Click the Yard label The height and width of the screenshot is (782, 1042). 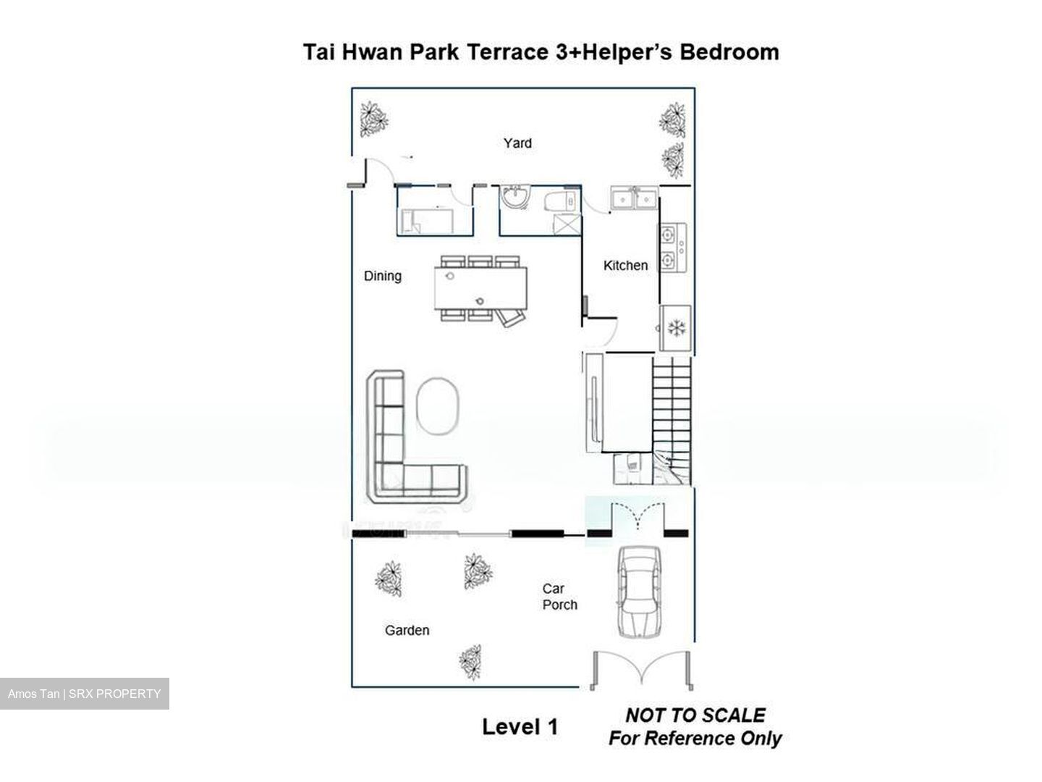(517, 143)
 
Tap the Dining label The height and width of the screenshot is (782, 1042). (382, 276)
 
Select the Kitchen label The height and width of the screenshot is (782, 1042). (625, 266)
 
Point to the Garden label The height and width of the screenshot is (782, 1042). (407, 631)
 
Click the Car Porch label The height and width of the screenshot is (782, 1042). (559, 597)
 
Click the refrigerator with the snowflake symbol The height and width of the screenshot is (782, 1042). (675, 328)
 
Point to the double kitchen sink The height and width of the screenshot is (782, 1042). (634, 198)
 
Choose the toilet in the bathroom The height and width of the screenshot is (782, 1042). (562, 200)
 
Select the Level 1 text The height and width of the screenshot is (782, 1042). (520, 727)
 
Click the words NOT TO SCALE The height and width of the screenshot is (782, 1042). (695, 715)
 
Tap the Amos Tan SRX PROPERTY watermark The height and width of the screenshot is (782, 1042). (84, 694)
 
